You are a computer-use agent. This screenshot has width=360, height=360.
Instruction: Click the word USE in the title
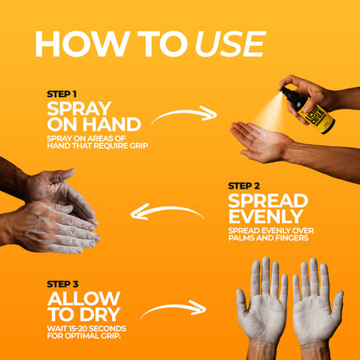[230, 44]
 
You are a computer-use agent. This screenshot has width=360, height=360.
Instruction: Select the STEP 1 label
[62, 94]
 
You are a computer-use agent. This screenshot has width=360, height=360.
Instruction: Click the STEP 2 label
[244, 186]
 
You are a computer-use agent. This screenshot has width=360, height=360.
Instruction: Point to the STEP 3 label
[63, 284]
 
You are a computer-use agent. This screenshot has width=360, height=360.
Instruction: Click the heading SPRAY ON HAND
[94, 117]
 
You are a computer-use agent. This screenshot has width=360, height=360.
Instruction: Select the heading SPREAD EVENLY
[268, 209]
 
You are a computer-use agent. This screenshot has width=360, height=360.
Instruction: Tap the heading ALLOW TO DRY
[84, 307]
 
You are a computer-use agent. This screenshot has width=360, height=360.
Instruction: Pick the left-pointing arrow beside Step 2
[167, 209]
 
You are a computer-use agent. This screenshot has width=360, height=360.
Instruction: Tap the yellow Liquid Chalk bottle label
[316, 115]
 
